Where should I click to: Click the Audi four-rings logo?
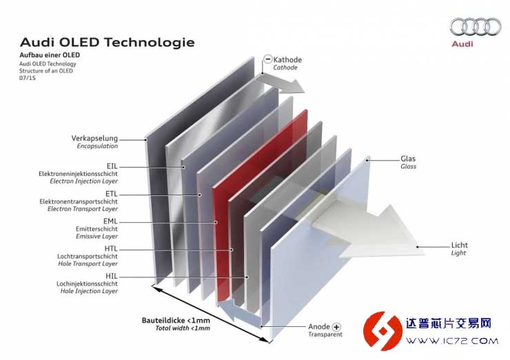[x=476, y=27]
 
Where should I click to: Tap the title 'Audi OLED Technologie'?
[x=108, y=42]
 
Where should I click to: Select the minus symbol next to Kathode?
[x=267, y=59]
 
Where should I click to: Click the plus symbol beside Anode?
[x=336, y=327]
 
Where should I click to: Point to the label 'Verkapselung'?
[x=94, y=139]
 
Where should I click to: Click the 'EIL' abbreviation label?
[x=112, y=166]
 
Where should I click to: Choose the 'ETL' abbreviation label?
[x=111, y=194]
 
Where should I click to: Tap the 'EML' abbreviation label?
[x=110, y=221]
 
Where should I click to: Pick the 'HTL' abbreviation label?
[x=111, y=249]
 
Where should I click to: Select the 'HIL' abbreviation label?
[x=112, y=276]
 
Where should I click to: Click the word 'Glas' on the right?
[x=408, y=159]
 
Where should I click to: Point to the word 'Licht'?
[x=459, y=245]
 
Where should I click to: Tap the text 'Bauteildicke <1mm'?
[x=176, y=320]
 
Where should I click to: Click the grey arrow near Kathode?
[x=283, y=83]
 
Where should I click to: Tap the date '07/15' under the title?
[x=28, y=78]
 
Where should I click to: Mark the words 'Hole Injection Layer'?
[x=89, y=291]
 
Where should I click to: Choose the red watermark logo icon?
[x=382, y=331]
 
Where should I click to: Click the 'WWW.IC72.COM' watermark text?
[x=452, y=341]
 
